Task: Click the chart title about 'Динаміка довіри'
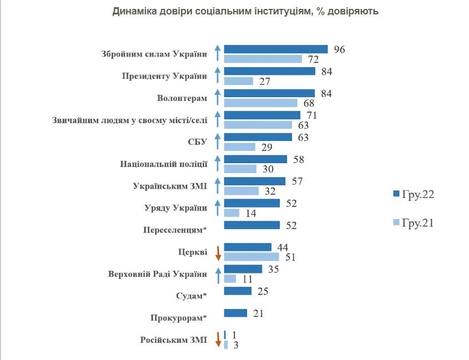coord(245,11)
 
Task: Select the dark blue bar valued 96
coord(275,49)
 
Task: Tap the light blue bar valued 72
coord(263,59)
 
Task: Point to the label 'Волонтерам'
coord(182,98)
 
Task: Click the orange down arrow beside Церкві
coord(218,252)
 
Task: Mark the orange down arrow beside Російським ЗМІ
coord(218,339)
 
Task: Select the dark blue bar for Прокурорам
coord(235,313)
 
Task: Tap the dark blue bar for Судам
coord(237,291)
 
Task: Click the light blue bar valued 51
coord(251,257)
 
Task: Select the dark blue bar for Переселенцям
coord(251,225)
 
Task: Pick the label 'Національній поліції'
coord(164,164)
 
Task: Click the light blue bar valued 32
coord(241,191)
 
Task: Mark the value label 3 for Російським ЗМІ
coord(235,346)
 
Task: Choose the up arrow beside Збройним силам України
coord(218,54)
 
